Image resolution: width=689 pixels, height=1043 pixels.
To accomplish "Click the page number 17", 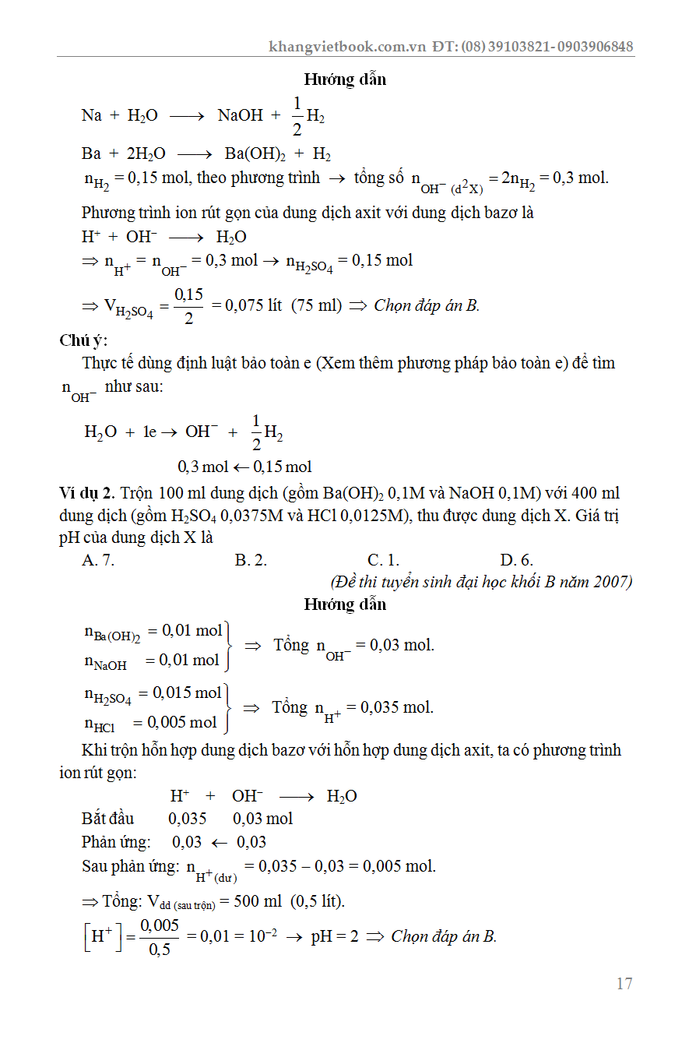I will click(x=624, y=983).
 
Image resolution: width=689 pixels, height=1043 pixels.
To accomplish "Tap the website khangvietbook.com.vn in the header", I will click(x=347, y=47).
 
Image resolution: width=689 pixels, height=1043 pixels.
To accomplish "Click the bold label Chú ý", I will click(x=83, y=340).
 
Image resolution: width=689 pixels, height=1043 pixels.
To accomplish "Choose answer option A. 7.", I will click(x=98, y=560).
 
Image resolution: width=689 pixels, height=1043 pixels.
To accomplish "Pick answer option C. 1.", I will click(x=383, y=560).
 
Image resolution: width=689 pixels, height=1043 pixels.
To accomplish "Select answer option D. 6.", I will click(x=517, y=560).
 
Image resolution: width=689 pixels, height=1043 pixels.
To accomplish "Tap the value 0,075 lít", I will click(x=253, y=305).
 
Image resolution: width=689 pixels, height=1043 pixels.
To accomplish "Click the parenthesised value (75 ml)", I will click(x=317, y=305).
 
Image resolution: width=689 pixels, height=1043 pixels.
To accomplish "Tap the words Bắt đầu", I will click(x=107, y=819).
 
